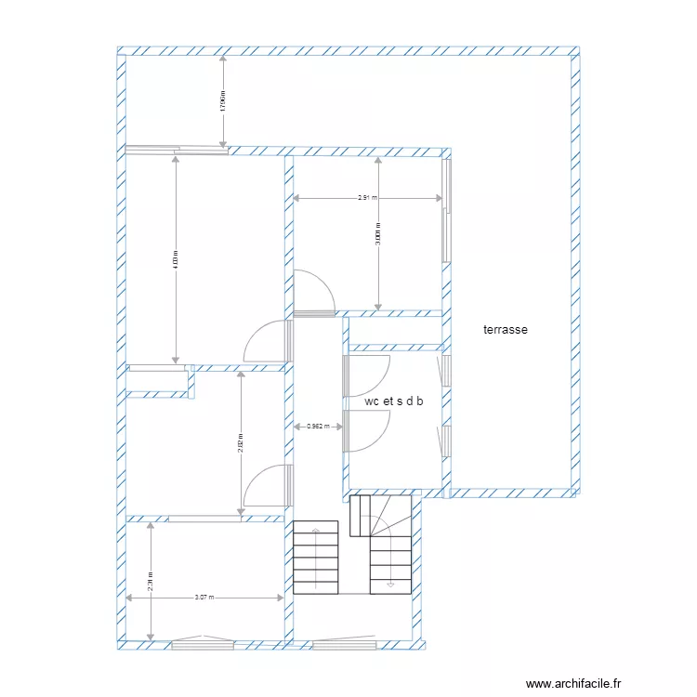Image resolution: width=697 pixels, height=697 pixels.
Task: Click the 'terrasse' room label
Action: tap(506, 329)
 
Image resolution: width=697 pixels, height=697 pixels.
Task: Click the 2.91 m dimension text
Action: tap(367, 198)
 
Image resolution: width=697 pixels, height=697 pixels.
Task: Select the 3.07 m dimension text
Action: tap(204, 598)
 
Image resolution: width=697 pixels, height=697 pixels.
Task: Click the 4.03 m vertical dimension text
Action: tap(176, 259)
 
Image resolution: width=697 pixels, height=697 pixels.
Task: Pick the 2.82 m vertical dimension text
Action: tap(240, 443)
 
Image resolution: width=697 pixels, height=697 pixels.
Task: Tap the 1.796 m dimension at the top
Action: tap(222, 100)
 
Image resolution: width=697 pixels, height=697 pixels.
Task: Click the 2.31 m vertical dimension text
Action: tap(150, 581)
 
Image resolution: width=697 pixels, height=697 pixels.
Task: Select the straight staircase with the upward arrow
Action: tap(316, 557)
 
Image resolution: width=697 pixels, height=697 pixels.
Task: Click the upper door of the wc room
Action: tap(369, 376)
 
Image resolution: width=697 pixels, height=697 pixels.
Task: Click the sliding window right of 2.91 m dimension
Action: tap(447, 210)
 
